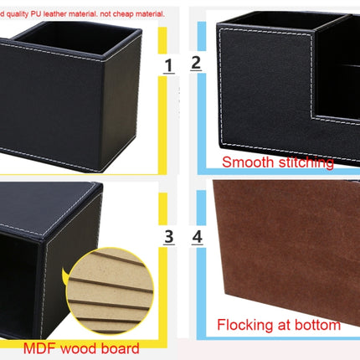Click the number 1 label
click(x=168, y=65)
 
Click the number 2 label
click(x=196, y=61)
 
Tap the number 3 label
click(x=169, y=237)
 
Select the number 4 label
click(x=197, y=237)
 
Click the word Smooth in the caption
click(x=244, y=161)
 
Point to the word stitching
click(x=301, y=161)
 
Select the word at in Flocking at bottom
click(x=283, y=325)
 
